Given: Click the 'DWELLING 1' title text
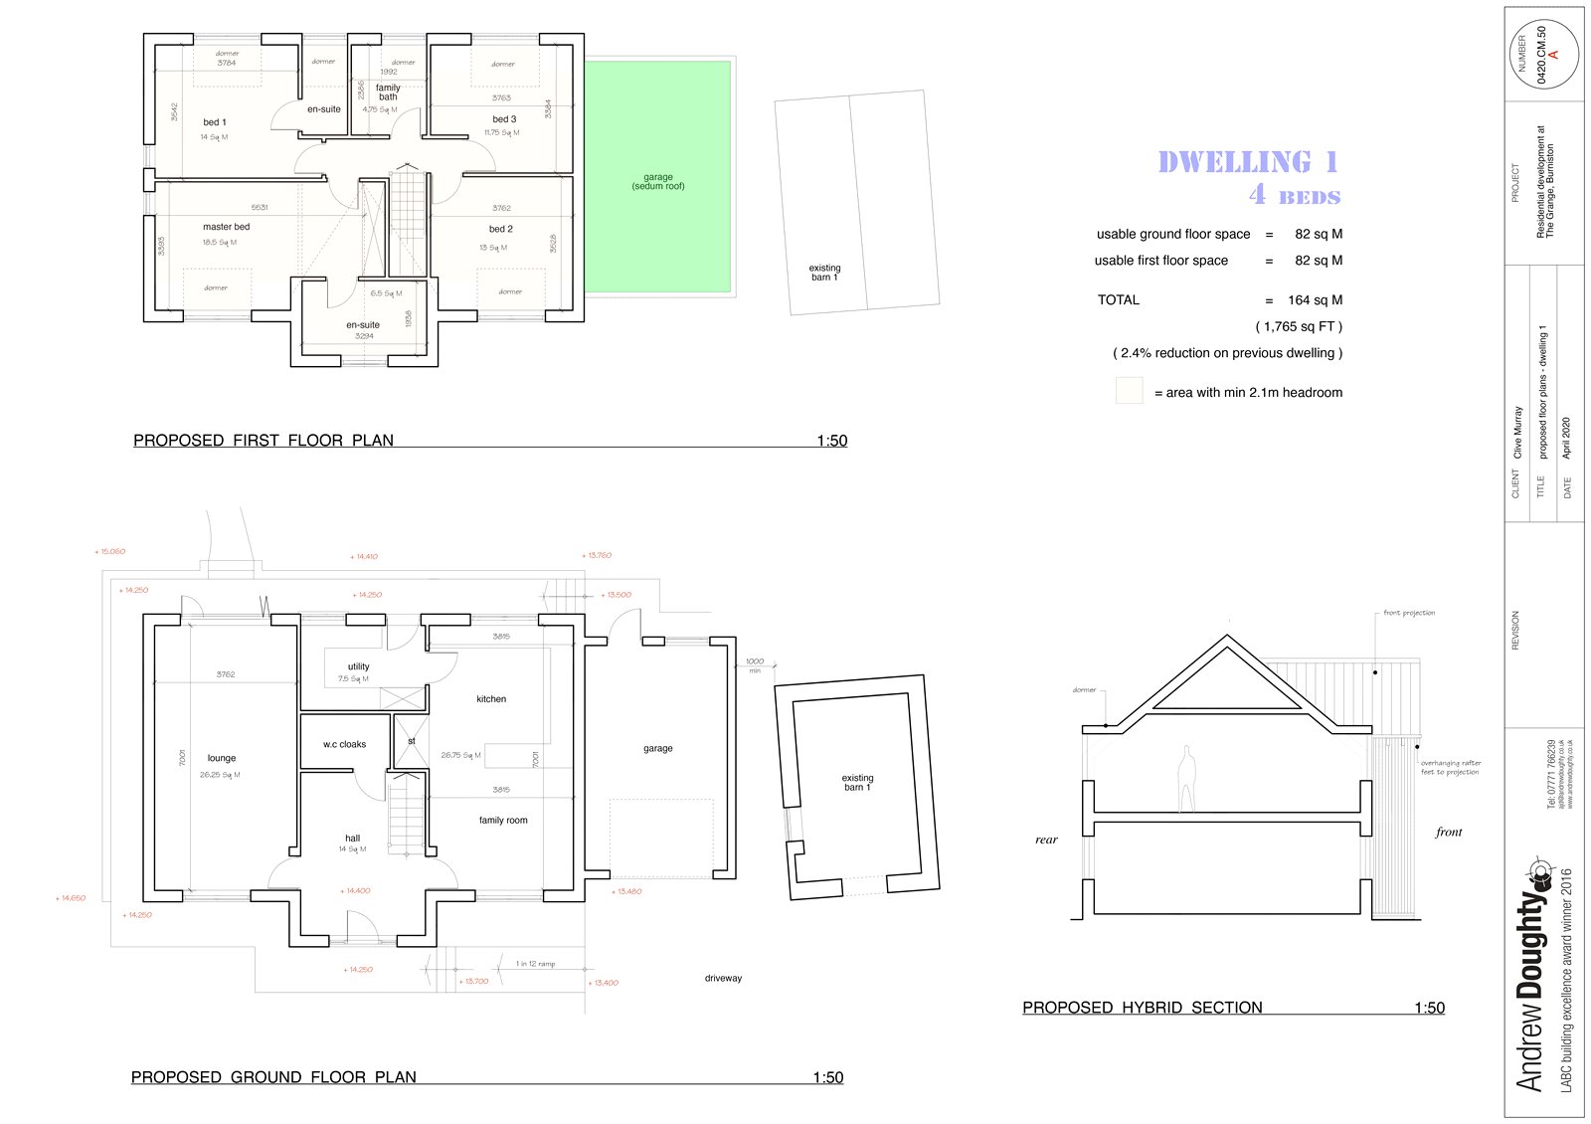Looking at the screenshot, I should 1248,162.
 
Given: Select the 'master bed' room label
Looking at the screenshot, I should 227,227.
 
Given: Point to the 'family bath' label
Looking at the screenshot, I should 388,93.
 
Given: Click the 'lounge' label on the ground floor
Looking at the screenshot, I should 222,758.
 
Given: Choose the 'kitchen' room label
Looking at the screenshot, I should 491,699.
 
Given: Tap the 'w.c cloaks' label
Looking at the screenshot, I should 344,744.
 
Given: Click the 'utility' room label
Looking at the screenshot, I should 359,666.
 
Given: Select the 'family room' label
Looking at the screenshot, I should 503,821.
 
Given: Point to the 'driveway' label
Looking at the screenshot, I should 723,979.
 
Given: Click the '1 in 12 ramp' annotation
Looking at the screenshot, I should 535,964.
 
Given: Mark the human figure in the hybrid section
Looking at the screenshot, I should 1185,780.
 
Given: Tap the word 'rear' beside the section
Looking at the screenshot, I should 1046,840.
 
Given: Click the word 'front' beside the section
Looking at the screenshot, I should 1449,832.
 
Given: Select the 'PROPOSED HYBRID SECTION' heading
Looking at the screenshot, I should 1143,1008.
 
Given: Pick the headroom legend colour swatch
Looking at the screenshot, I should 1129,391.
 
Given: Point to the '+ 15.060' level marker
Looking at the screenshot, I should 110,551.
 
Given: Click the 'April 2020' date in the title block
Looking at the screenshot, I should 1566,437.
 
